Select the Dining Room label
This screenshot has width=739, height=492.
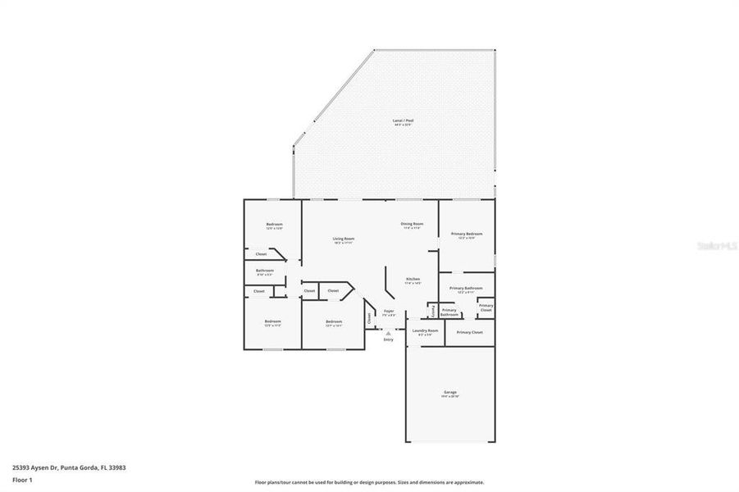tap(412, 224)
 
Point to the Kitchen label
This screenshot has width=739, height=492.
tap(413, 279)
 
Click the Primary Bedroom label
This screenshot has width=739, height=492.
tap(467, 234)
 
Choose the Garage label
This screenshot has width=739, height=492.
tap(450, 393)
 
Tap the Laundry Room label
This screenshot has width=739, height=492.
tap(425, 330)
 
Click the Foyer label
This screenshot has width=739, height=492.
tap(389, 311)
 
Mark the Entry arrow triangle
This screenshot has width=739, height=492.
tap(388, 332)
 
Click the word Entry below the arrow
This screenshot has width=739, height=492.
tap(388, 339)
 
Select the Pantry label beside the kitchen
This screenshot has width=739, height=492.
tap(432, 311)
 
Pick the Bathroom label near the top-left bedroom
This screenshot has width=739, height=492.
tap(264, 271)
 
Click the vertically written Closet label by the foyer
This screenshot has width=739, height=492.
tap(370, 316)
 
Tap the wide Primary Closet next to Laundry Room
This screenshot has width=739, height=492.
tap(469, 332)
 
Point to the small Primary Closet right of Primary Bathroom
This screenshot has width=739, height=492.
tap(486, 307)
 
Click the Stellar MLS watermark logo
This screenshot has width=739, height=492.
tap(716, 244)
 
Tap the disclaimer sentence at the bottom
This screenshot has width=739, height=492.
tap(369, 482)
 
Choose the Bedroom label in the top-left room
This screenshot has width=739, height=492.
tap(274, 225)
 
